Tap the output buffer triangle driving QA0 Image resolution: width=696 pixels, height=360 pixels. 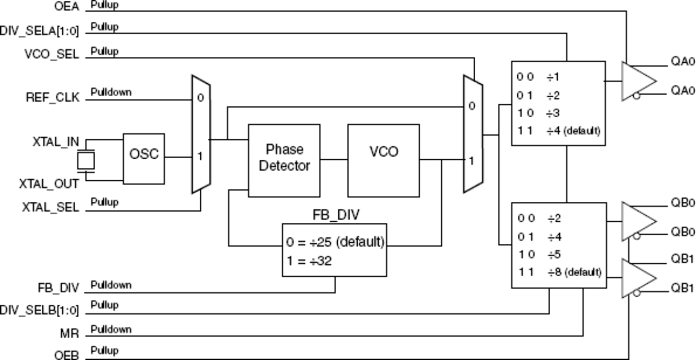[638, 81]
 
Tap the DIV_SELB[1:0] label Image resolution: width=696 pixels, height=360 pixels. [40, 309]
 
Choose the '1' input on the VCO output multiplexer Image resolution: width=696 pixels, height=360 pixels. [472, 161]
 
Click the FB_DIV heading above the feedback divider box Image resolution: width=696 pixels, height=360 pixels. [334, 214]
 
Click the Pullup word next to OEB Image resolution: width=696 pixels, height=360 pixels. [104, 351]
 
